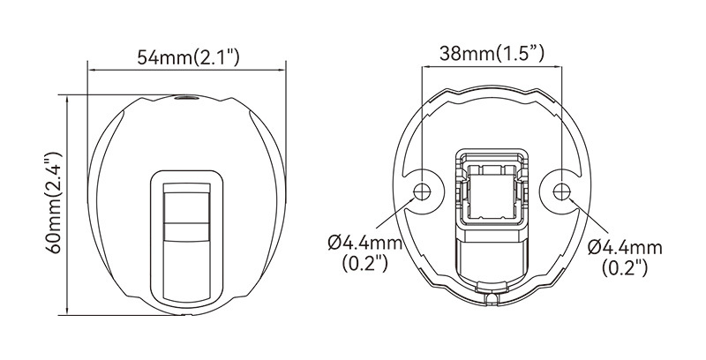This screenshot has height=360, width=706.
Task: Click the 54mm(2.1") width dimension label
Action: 188,58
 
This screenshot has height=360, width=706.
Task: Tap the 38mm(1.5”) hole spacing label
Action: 492,54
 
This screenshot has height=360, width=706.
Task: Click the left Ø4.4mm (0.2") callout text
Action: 365,252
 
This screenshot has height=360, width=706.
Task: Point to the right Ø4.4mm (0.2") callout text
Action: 625,257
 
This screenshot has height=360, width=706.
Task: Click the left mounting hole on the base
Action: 422,191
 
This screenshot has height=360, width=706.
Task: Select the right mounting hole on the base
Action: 561,191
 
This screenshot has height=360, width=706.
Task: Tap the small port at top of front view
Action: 184,97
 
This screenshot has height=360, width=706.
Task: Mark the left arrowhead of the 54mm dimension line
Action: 90,70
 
